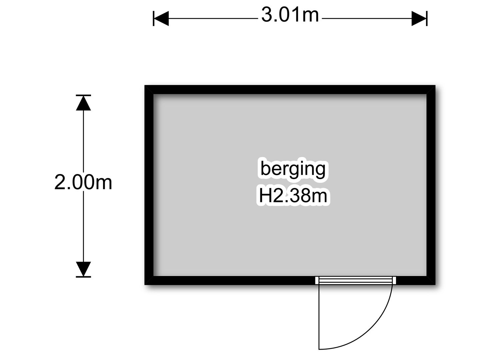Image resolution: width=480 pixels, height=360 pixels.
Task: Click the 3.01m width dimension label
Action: click(x=290, y=15)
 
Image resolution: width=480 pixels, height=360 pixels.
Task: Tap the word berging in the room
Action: click(x=293, y=169)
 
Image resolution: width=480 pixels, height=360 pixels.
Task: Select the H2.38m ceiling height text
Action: click(x=293, y=196)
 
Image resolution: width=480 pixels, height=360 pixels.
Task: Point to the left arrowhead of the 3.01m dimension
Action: click(x=161, y=19)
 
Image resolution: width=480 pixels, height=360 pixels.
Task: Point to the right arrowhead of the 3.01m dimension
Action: click(x=419, y=19)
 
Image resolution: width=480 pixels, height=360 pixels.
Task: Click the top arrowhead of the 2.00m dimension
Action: click(x=83, y=103)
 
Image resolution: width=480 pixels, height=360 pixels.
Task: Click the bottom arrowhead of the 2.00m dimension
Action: click(x=83, y=269)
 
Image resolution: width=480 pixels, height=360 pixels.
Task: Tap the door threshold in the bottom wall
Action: click(x=356, y=280)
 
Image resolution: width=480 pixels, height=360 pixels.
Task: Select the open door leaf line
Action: click(x=319, y=317)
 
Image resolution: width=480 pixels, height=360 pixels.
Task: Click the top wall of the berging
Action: click(x=290, y=90)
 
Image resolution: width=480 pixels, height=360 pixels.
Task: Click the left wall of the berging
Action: click(x=149, y=185)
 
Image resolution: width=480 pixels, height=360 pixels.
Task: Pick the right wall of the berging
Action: click(x=431, y=185)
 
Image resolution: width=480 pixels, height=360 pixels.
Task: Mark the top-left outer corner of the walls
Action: click(x=145, y=85)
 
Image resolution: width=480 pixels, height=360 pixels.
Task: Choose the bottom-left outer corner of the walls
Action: click(x=145, y=285)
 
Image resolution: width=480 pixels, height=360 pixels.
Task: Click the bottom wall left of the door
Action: click(x=230, y=280)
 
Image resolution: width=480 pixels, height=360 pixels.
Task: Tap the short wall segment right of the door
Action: click(x=416, y=280)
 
